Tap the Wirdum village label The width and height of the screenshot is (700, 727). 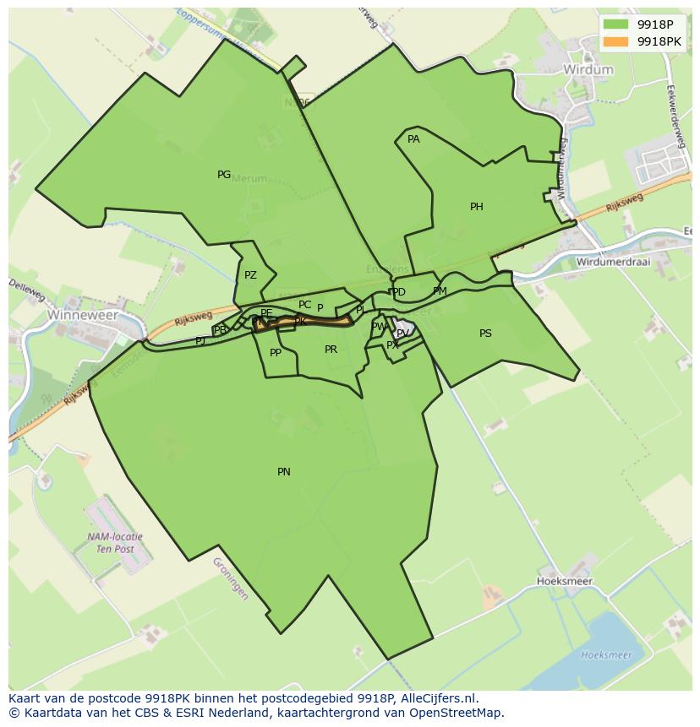click(588, 69)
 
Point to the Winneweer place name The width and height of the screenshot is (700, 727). click(82, 314)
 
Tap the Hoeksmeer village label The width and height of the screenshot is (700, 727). click(565, 582)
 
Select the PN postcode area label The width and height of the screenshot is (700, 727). click(284, 472)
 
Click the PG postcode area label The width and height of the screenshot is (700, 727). click(224, 175)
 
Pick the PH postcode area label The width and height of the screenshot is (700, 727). click(477, 207)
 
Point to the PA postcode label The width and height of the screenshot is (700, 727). click(413, 139)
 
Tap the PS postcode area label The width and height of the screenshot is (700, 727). click(485, 334)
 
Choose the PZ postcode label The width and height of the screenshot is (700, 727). click(250, 275)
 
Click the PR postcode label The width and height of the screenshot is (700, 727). click(331, 350)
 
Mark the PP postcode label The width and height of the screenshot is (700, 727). click(276, 353)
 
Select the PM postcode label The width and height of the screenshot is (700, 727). click(440, 291)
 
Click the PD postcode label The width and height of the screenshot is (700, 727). click(399, 292)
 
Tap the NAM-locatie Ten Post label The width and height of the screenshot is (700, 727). click(115, 543)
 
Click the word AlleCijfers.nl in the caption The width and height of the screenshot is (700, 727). click(438, 698)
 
